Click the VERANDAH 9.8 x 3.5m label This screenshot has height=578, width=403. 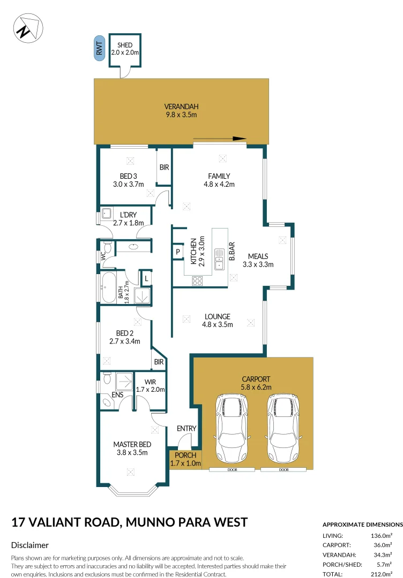click(181, 110)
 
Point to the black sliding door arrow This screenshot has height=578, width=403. click(220, 139)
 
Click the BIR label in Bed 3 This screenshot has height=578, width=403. click(164, 168)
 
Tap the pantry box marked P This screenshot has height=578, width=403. click(177, 252)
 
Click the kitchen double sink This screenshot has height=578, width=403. click(219, 258)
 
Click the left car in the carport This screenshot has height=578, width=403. click(231, 428)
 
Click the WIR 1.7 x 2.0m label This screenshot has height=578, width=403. click(151, 385)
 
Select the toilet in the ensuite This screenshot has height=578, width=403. click(107, 380)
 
